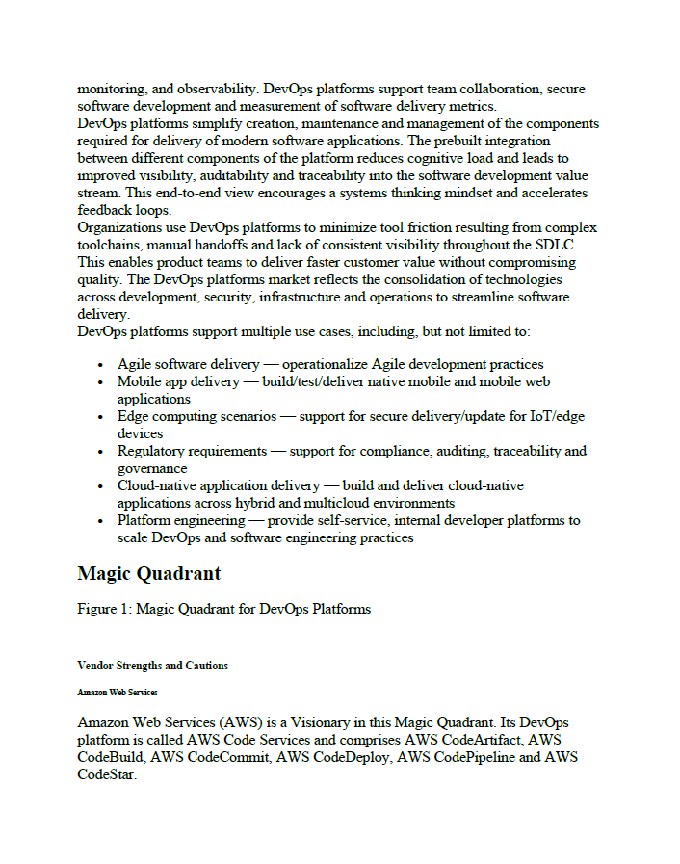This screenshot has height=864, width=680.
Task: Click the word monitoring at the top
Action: click(x=111, y=90)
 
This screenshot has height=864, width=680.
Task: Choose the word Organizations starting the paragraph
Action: click(x=120, y=228)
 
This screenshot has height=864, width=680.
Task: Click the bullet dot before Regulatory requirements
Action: click(x=102, y=452)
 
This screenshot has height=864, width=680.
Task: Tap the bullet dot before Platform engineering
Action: click(x=102, y=521)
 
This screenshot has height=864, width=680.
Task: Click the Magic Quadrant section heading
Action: click(x=148, y=574)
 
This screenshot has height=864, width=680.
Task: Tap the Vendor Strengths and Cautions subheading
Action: click(x=152, y=666)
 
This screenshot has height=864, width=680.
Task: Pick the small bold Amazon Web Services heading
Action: click(x=118, y=692)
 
